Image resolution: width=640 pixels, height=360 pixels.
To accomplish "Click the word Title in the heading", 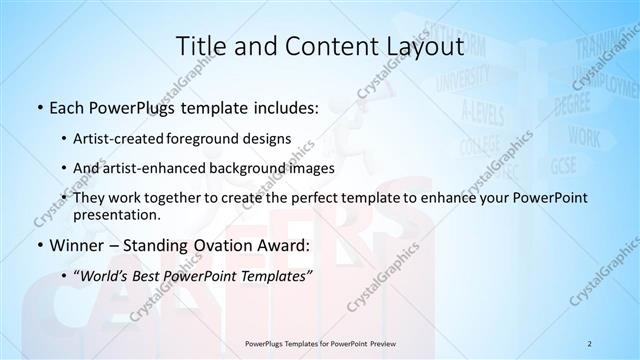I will coord(200,46).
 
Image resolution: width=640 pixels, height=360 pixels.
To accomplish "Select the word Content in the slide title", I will coord(320,46).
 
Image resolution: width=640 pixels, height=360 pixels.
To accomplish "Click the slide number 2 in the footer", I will coord(591,343).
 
